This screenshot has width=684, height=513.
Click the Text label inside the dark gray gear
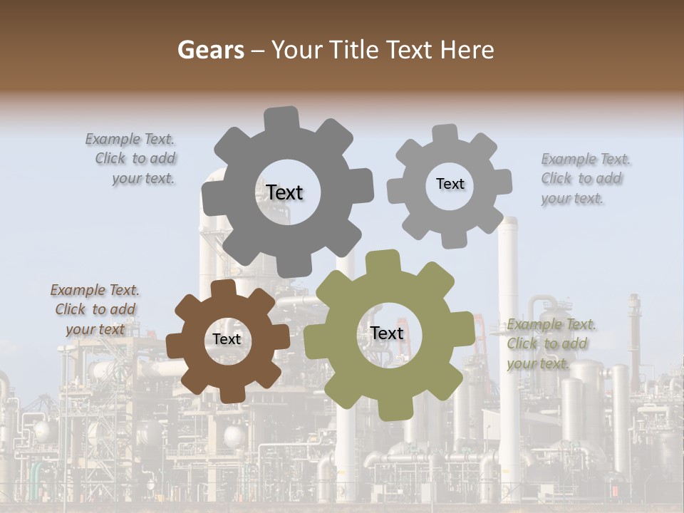tap(284, 192)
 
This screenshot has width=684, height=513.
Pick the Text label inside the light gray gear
tap(450, 184)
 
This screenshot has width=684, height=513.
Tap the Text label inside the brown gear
tap(227, 339)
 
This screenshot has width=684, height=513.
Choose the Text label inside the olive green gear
tap(387, 333)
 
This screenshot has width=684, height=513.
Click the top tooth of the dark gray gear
tap(281, 118)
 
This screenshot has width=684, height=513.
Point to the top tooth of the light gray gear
tap(445, 134)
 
